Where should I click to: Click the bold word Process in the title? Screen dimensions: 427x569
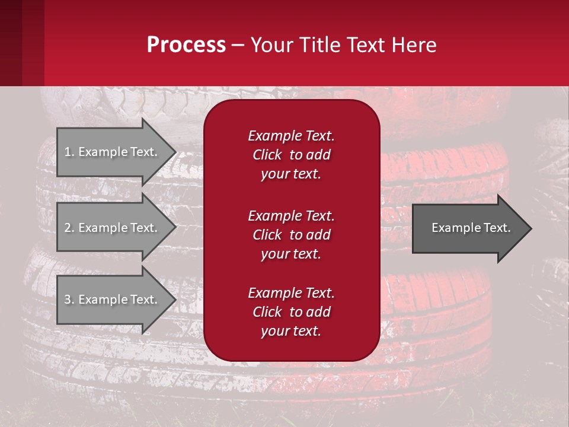coord(186,45)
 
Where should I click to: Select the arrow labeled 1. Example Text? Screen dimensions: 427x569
coord(111,152)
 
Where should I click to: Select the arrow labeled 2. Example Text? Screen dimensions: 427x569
coord(111,228)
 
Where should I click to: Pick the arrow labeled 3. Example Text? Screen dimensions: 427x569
coord(111,299)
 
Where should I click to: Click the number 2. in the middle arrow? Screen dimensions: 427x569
coord(69,228)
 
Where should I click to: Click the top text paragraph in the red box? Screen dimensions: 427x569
coord(291,155)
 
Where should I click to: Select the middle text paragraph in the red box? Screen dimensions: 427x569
coord(291,235)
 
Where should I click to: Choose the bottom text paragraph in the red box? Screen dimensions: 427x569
coord(291,312)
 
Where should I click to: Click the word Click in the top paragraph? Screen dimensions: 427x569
coord(267,155)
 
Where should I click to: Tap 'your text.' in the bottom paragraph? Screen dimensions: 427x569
coord(291,332)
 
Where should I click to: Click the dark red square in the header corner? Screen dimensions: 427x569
coord(11,43)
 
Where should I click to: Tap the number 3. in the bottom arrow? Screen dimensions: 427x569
coord(69,299)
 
